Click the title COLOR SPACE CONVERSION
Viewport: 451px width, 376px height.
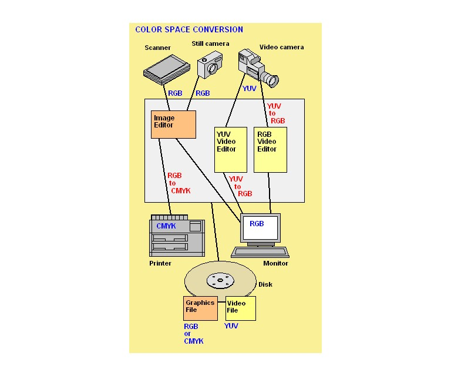point(189,30)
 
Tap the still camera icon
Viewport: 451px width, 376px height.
point(210,65)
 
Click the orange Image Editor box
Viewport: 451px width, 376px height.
point(173,125)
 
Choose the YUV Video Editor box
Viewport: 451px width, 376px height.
point(230,150)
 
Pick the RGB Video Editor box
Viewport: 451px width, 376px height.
point(270,150)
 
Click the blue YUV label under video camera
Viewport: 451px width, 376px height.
point(250,89)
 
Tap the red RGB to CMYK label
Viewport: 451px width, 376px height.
point(179,183)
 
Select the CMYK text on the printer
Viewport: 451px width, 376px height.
point(166,226)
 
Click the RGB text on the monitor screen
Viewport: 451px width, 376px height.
point(257,224)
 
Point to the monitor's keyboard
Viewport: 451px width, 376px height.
point(260,252)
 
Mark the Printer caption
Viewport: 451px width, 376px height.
point(160,264)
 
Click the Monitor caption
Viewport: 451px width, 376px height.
point(275,264)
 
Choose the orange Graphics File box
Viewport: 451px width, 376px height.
point(200,308)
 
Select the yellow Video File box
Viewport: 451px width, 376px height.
point(241,308)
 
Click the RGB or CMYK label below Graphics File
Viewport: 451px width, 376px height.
point(193,334)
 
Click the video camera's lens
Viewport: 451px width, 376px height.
point(271,79)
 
